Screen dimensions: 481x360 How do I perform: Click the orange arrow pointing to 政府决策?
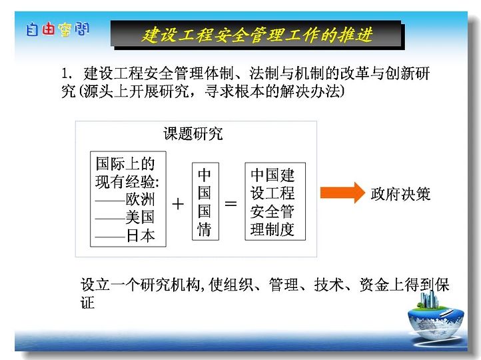click(x=342, y=193)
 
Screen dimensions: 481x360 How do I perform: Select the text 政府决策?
click(x=400, y=194)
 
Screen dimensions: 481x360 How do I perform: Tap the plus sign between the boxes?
click(x=178, y=204)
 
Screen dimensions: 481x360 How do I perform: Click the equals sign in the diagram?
click(x=231, y=203)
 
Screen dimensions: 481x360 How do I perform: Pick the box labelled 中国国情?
click(x=205, y=201)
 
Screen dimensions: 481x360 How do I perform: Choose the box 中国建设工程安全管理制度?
click(x=275, y=201)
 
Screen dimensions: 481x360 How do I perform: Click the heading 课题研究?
click(x=193, y=133)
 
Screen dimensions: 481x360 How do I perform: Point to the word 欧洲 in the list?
click(x=140, y=199)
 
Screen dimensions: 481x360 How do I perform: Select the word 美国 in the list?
click(x=140, y=217)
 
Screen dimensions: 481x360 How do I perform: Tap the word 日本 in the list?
click(x=141, y=236)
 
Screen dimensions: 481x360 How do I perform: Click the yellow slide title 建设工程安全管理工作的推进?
click(x=257, y=35)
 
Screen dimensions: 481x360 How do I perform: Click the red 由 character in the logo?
click(x=48, y=29)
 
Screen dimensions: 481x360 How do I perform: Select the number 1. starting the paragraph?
click(x=67, y=73)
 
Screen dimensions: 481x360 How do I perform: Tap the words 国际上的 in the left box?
click(x=125, y=163)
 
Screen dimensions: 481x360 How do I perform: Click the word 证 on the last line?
click(x=87, y=303)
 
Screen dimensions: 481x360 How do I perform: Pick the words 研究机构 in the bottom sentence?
click(x=171, y=285)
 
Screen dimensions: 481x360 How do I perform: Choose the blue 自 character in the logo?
click(x=32, y=30)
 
